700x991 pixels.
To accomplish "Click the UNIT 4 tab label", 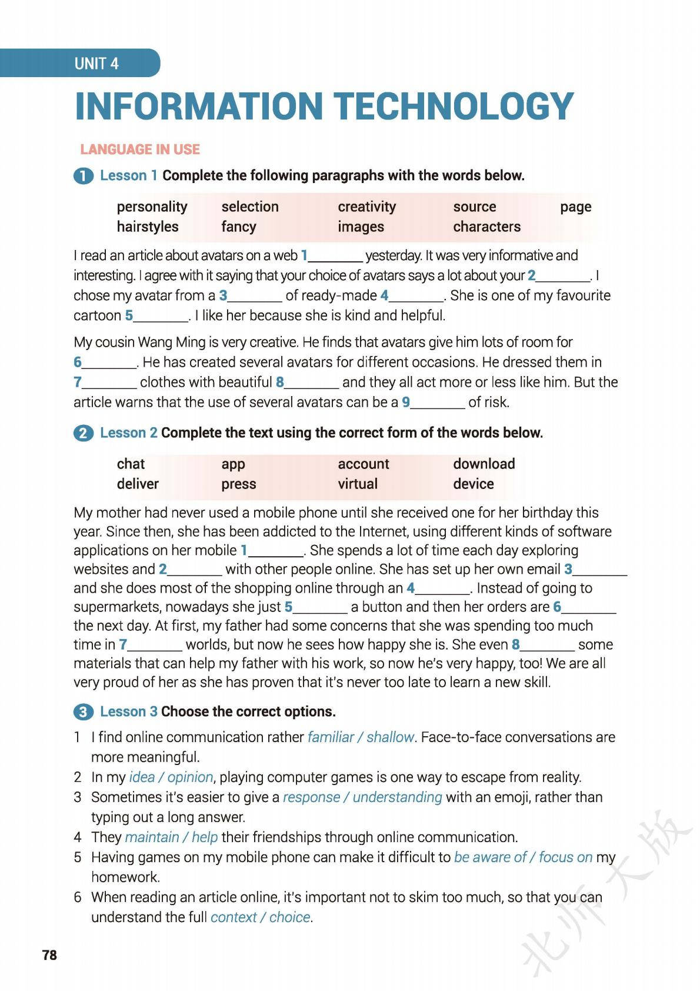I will point(96,64).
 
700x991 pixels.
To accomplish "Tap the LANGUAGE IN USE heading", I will point(140,149).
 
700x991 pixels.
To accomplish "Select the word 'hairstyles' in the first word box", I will point(147,227).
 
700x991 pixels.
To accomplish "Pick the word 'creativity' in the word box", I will point(366,207).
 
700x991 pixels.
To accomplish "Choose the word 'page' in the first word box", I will point(575,207).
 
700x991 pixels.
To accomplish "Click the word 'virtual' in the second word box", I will point(357,484).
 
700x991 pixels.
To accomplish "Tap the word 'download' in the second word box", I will point(484,464).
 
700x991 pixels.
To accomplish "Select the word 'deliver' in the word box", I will point(138,484).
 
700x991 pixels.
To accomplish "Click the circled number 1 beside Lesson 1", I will point(84,176).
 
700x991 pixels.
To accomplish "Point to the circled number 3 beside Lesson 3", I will point(84,712).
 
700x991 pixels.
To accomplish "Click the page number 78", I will point(49,955).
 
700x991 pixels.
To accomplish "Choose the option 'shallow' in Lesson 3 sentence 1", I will point(390,737).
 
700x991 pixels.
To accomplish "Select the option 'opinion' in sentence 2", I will point(190,777).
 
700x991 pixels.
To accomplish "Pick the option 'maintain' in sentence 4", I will point(152,837).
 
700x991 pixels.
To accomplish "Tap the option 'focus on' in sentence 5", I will point(565,857).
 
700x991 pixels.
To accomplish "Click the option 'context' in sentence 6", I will point(234,917).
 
